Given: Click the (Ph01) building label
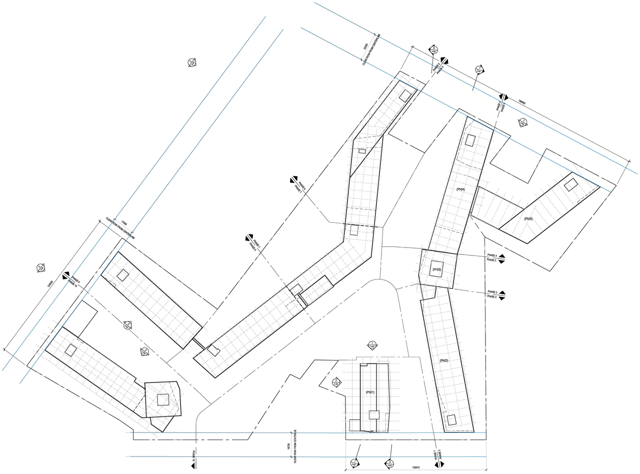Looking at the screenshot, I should coord(370,392).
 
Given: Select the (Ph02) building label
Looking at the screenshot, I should coord(443,360).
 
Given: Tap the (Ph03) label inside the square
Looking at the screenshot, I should coord(436,269).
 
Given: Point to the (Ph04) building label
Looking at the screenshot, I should coord(460,189).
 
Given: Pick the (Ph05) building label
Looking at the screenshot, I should coord(528,219).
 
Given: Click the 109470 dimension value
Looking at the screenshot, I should coord(415,467).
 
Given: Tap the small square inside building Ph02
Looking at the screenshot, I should coord(451,420).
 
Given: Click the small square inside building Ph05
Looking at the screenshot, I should coord(570,185).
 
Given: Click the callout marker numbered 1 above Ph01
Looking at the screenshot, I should coord(372,345).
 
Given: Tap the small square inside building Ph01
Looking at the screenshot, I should coord(374,414).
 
